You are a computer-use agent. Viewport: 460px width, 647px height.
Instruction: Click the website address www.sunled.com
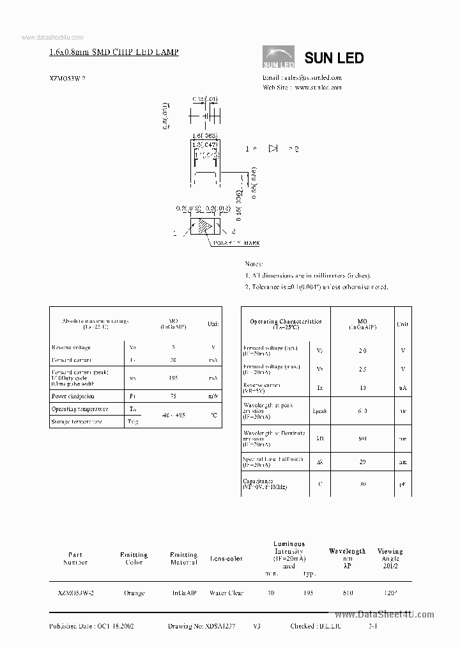(x=318, y=88)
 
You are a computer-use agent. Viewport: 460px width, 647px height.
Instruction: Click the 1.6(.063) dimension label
(x=205, y=136)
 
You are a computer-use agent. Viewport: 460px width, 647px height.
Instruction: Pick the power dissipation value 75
(x=173, y=396)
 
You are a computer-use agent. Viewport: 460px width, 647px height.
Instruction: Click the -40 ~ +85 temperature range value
(x=173, y=415)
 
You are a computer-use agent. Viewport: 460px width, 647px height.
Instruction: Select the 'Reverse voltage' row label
(x=71, y=348)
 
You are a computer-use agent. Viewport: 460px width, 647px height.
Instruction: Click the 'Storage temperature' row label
(x=77, y=422)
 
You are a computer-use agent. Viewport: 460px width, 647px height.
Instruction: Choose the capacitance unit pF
(x=402, y=484)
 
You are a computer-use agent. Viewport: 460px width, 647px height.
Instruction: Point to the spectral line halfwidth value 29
(x=362, y=460)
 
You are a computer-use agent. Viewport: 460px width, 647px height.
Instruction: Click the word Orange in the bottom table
(x=134, y=593)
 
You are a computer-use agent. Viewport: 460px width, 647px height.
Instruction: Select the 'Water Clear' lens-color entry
(x=226, y=593)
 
